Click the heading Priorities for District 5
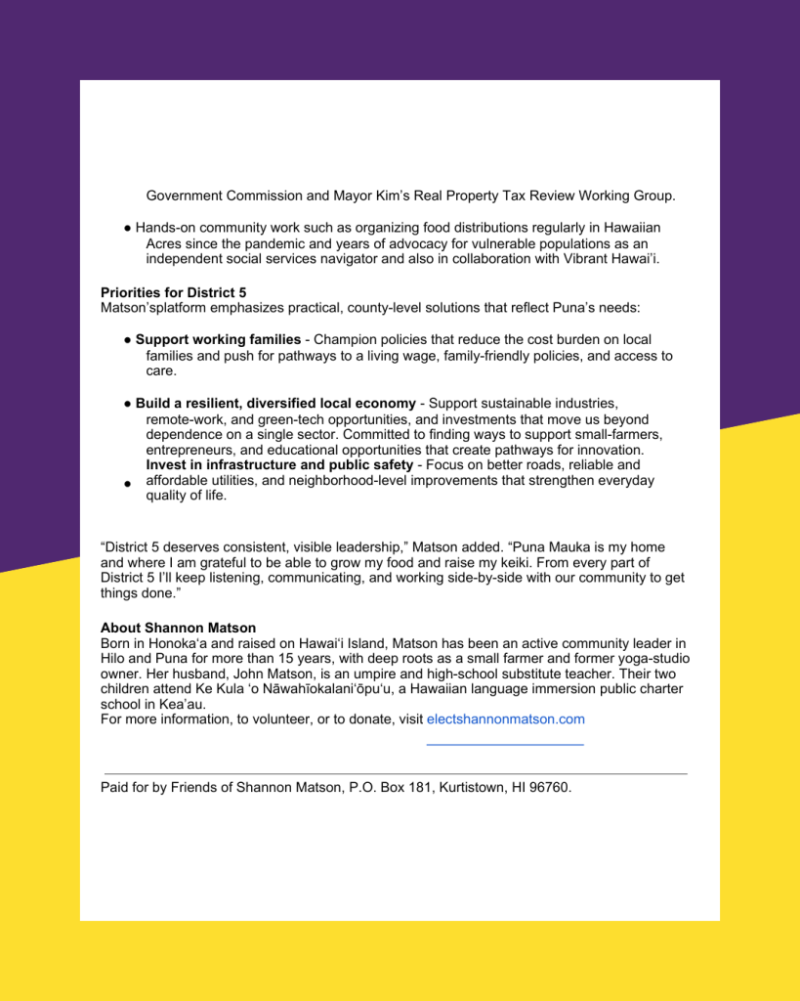click(x=173, y=292)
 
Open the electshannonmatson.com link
click(x=505, y=718)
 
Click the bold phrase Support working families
click(x=218, y=339)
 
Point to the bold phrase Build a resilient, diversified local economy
click(x=275, y=403)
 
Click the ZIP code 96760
click(x=550, y=787)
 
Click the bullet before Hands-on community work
click(x=128, y=228)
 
